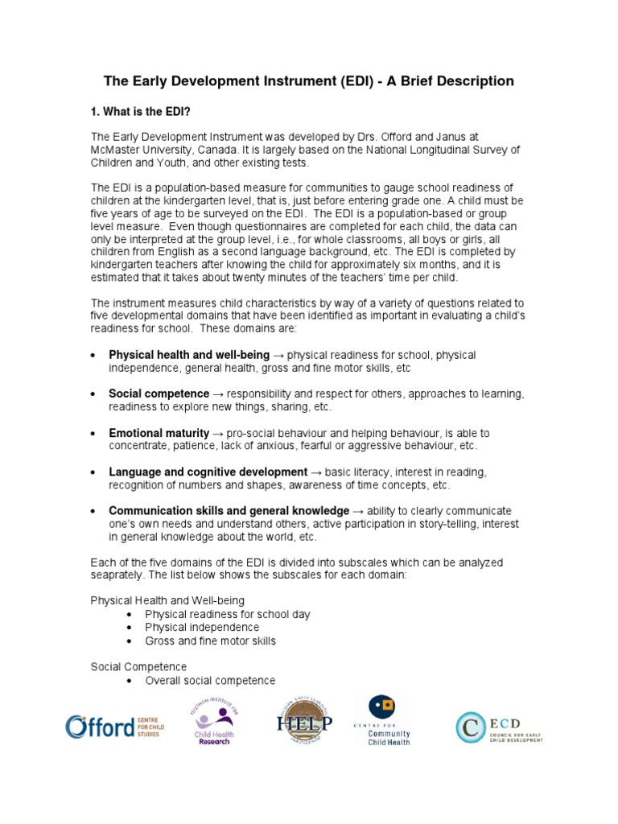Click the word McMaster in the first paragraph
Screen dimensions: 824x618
click(x=117, y=150)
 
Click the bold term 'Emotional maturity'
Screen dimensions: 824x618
click(x=159, y=433)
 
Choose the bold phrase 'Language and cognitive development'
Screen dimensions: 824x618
click(x=208, y=472)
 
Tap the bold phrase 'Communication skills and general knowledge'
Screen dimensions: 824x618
click(x=229, y=511)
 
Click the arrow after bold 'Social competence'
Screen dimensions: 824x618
click(x=218, y=393)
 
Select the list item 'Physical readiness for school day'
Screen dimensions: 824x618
click(x=227, y=614)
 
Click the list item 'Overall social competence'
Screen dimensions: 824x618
click(x=209, y=680)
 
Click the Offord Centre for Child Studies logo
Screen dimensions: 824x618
click(x=113, y=727)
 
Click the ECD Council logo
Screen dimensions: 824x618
click(x=499, y=727)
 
